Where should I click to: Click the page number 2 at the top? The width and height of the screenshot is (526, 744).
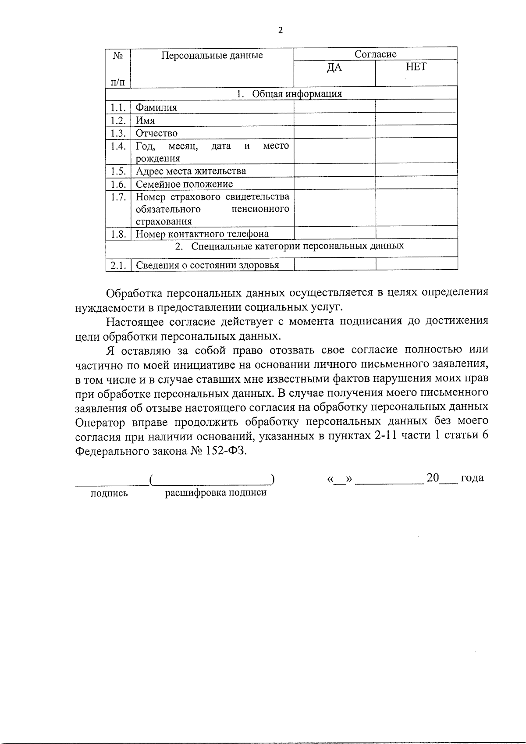(281, 30)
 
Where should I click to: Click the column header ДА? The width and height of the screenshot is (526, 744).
(334, 68)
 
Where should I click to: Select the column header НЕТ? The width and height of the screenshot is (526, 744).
(416, 67)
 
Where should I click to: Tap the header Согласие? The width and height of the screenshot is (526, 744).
(375, 54)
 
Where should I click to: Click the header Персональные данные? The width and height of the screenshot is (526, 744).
(212, 55)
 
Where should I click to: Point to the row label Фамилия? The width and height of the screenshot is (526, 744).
(156, 108)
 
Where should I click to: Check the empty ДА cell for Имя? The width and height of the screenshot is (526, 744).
(334, 121)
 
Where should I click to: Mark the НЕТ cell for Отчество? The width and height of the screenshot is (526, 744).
(416, 133)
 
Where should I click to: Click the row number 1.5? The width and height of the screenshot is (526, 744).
(118, 171)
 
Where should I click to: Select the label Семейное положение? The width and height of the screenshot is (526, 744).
(184, 184)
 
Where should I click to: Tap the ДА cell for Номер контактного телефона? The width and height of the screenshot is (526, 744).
(334, 233)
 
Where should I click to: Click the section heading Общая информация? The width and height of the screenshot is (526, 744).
(297, 94)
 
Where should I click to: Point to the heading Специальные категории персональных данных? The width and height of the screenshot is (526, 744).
(297, 246)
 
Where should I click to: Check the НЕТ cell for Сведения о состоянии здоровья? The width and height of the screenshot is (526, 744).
(416, 264)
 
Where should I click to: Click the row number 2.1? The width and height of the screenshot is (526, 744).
(118, 265)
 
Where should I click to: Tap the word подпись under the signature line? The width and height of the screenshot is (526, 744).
(109, 494)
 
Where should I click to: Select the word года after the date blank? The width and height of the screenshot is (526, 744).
(472, 478)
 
